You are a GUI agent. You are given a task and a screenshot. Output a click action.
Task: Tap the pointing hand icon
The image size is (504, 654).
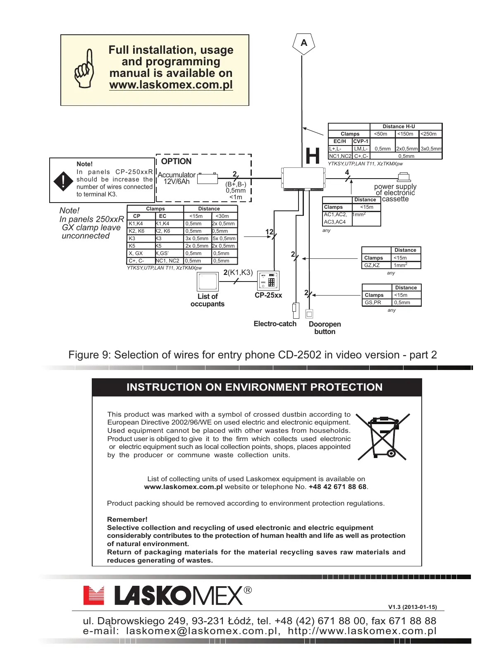point(85,69)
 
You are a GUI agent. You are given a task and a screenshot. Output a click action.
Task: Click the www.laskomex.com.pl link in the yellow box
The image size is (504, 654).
point(171,85)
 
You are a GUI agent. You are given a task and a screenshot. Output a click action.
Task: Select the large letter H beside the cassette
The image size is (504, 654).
point(313,156)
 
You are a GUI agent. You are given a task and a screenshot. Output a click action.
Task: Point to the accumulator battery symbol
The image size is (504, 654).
point(207,179)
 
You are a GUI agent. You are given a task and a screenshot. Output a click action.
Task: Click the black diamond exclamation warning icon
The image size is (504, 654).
point(63,181)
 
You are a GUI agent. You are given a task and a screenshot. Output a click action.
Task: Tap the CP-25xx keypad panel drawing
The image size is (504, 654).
point(268,281)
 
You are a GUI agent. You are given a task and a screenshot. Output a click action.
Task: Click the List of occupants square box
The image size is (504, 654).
point(208,282)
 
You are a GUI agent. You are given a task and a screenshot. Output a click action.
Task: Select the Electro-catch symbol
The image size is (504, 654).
point(295,310)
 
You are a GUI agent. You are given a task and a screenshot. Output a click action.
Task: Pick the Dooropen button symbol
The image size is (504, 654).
point(309,314)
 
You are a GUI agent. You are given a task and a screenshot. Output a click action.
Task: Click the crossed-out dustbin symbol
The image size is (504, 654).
point(383,437)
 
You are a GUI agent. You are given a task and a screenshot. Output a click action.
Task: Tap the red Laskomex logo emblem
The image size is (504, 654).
point(93,595)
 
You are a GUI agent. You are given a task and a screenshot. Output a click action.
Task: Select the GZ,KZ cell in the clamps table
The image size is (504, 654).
point(372,265)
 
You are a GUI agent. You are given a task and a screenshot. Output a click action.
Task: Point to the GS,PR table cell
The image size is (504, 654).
point(373,303)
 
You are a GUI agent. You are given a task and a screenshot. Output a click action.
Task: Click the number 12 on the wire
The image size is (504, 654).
point(269,232)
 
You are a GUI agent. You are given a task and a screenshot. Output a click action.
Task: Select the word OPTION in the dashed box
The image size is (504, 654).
point(176,162)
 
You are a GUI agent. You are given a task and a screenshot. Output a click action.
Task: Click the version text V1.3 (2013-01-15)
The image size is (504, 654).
point(412,607)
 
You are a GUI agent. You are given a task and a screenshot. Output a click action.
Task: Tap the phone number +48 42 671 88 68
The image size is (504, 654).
point(337,487)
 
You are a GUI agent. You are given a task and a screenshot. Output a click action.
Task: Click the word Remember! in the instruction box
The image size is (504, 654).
point(127,520)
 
